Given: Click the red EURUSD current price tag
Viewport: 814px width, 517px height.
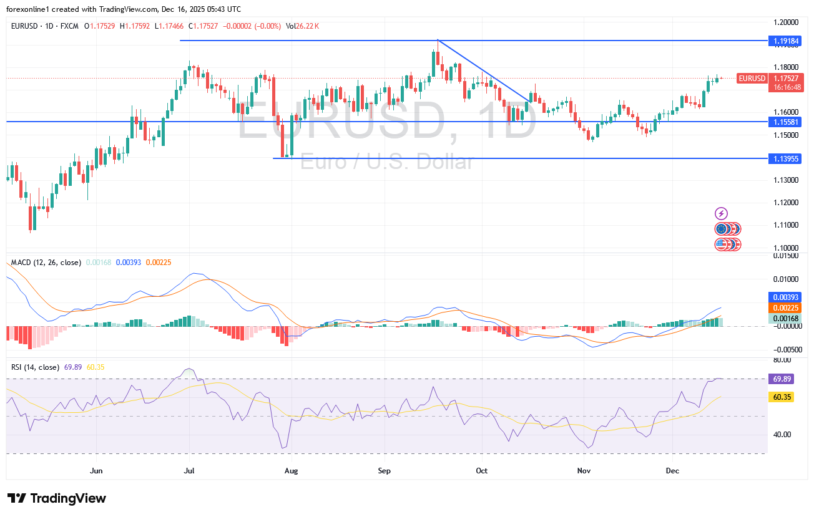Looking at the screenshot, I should [x=752, y=78].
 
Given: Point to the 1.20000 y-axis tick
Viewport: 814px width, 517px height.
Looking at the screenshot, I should [x=787, y=22].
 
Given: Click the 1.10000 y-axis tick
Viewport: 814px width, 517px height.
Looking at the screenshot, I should [x=787, y=248].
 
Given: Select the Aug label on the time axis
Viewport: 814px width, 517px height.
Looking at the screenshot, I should [x=291, y=470].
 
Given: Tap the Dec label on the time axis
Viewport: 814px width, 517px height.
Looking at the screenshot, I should [x=672, y=470].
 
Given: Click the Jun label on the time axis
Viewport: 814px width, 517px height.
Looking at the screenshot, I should [x=96, y=470].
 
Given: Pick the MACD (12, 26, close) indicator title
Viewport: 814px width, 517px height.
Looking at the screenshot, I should [x=46, y=263].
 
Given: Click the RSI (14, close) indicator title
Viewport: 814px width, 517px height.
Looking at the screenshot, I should [x=36, y=367].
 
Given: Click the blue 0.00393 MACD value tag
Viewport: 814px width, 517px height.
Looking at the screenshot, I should [x=782, y=297].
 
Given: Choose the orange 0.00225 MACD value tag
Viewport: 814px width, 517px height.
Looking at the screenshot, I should [x=782, y=307].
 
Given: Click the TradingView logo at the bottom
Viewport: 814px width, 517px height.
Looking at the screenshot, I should [x=57, y=498].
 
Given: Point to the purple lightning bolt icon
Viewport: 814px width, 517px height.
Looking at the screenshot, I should [x=722, y=214].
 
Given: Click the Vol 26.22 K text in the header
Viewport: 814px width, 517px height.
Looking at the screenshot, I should [x=303, y=26].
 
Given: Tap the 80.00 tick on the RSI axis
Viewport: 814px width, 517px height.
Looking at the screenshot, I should [x=782, y=360].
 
